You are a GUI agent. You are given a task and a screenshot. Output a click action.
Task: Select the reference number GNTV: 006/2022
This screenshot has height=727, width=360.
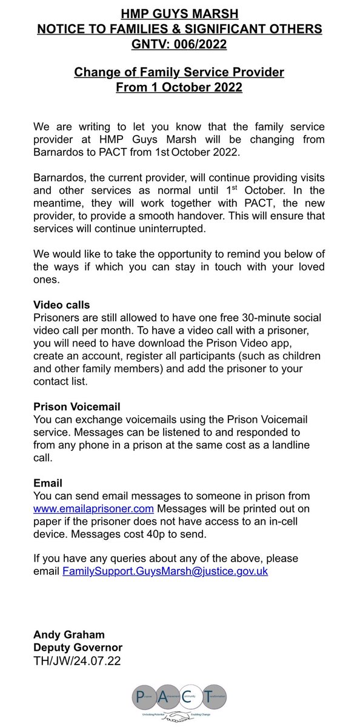pyautogui.click(x=179, y=44)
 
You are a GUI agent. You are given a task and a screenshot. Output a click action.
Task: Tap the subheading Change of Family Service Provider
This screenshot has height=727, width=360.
pyautogui.click(x=179, y=73)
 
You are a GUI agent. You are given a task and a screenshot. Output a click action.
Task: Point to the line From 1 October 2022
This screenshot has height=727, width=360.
pyautogui.click(x=179, y=87)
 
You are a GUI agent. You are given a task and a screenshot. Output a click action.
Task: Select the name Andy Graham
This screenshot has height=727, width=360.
pyautogui.click(x=69, y=634)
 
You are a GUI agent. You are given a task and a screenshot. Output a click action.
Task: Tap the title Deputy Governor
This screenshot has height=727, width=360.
pyautogui.click(x=78, y=648)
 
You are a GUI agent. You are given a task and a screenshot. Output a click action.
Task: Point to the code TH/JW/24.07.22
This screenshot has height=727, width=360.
pyautogui.click(x=78, y=661)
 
